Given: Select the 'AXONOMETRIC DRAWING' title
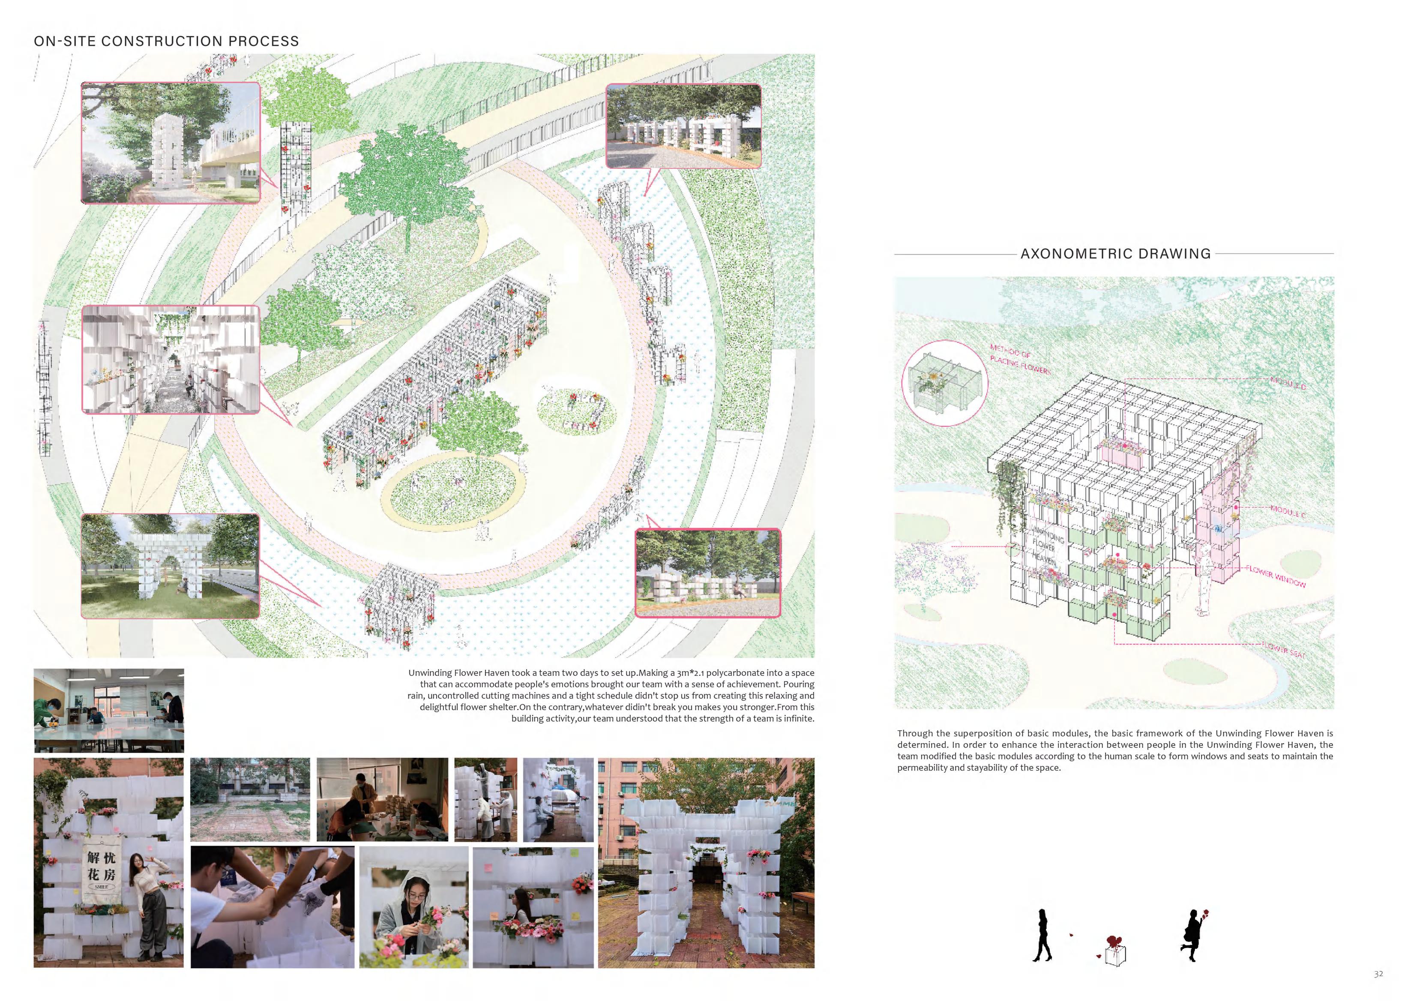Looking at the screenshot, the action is (x=1115, y=254).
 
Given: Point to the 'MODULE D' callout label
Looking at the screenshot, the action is (x=1288, y=383).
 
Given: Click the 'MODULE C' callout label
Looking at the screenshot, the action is (x=1288, y=512).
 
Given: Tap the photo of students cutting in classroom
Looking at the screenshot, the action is (x=108, y=710).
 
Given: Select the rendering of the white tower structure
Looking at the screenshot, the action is (x=171, y=143).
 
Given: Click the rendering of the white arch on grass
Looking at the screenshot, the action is (x=171, y=566).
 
